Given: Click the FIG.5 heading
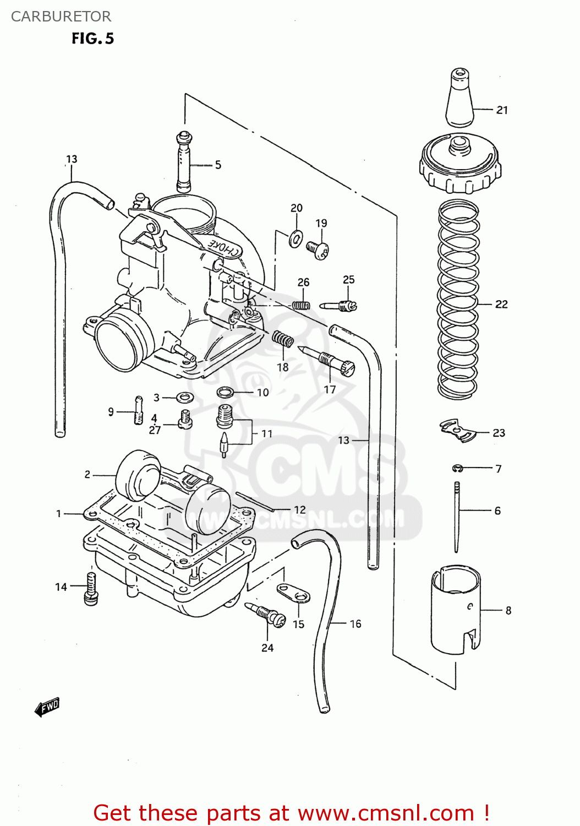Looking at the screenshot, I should [x=92, y=39].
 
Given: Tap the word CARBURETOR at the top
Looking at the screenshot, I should [x=61, y=17].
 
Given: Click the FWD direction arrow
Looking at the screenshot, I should [x=47, y=707].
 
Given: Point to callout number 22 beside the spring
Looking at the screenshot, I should [x=501, y=304].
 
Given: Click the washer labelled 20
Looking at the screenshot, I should [x=296, y=238].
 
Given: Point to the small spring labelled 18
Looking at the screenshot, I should [x=283, y=339].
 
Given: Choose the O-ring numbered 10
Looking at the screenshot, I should [x=225, y=392].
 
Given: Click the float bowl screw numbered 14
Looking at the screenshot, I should [x=91, y=588].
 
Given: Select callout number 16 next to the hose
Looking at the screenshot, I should [x=355, y=624].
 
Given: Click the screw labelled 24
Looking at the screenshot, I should [x=266, y=614].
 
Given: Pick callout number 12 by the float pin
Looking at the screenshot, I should [x=299, y=510].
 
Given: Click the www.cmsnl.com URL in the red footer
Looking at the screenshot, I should [x=385, y=813].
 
